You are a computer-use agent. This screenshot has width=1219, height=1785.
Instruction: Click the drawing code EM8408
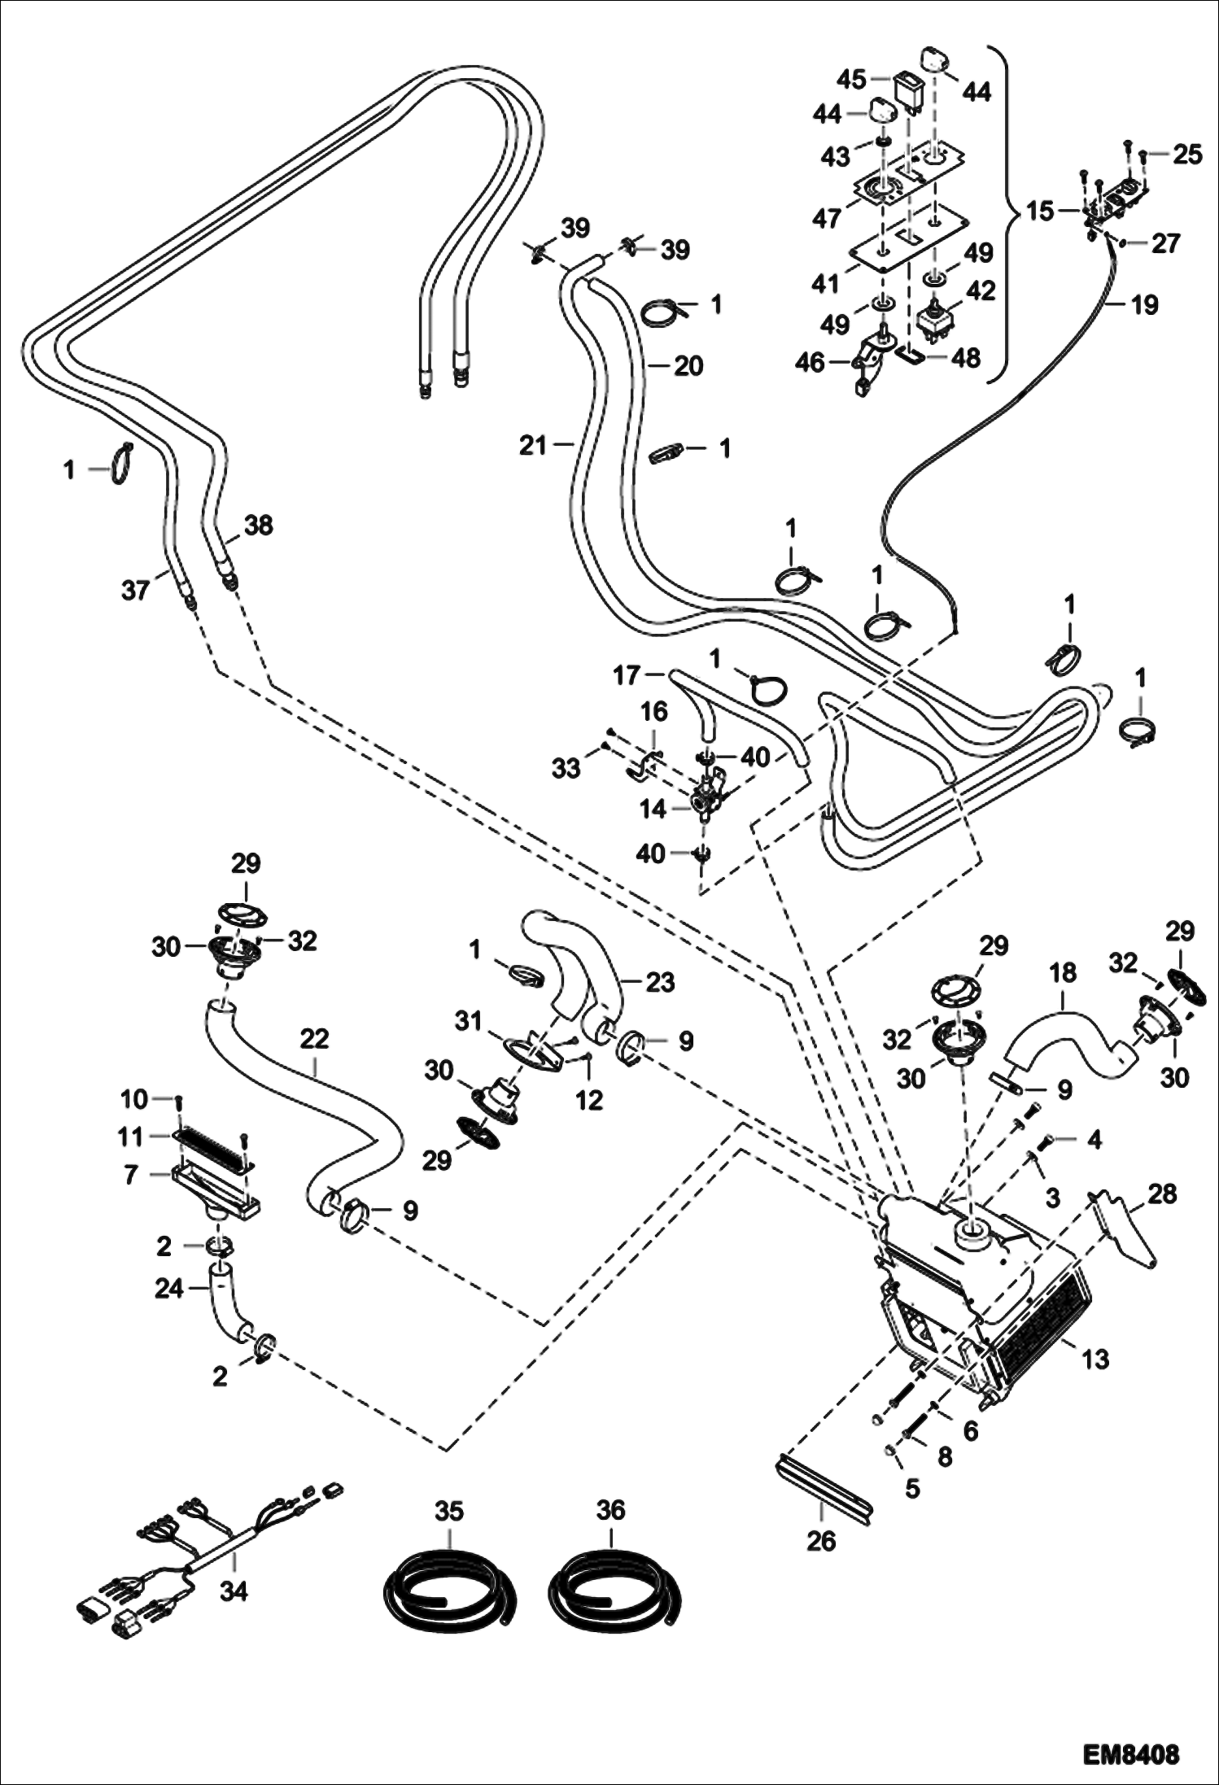1130,1752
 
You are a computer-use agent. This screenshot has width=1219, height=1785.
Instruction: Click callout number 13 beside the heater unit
1096,1359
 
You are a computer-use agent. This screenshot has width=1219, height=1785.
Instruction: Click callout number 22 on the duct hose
314,1038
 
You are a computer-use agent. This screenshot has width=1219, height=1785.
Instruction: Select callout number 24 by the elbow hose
169,1289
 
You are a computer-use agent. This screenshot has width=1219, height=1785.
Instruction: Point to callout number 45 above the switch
853,80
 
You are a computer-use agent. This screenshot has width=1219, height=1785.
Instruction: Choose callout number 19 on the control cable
1144,305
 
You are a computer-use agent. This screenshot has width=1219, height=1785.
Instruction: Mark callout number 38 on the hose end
259,526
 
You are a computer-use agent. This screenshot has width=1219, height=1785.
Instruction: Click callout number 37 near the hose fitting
136,589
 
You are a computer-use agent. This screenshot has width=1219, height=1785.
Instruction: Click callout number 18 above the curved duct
1063,973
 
